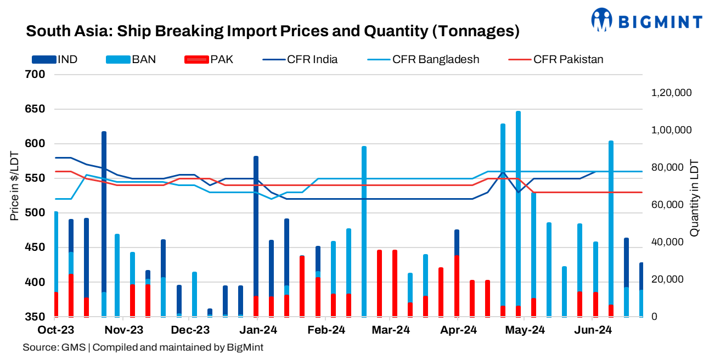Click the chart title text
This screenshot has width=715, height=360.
[x=273, y=31]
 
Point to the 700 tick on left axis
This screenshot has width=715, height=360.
[x=35, y=74]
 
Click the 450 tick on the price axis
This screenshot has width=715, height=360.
[x=35, y=248]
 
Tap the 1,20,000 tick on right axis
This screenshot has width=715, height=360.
[x=671, y=93]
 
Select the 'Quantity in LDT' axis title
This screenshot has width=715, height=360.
[x=694, y=198]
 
